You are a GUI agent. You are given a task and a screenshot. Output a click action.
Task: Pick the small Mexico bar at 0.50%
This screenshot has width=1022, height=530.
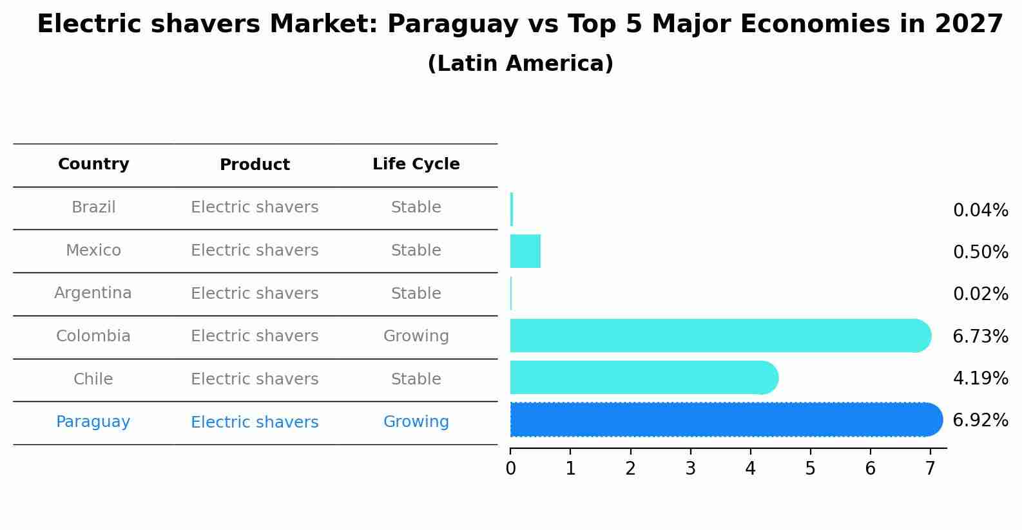point(525,251)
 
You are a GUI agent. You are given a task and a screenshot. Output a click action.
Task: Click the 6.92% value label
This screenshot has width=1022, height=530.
point(980,421)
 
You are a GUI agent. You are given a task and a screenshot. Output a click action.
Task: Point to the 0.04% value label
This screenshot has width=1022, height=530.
point(980,211)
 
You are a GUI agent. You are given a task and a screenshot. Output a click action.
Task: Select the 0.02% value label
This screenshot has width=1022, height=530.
point(980,294)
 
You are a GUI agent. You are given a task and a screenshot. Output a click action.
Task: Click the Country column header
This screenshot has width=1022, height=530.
point(93,164)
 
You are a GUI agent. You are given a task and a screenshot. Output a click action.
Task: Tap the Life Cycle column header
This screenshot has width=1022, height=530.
point(416,164)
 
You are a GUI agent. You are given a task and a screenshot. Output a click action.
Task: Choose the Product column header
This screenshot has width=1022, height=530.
point(255,165)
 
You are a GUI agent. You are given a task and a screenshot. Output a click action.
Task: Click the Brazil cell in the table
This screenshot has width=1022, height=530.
point(93,207)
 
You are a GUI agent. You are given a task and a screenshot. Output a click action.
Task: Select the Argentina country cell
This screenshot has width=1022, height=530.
point(93,293)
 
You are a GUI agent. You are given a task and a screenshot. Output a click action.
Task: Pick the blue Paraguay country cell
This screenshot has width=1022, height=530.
point(93,422)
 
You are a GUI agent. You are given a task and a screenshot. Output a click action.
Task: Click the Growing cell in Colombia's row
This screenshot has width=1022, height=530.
point(416,336)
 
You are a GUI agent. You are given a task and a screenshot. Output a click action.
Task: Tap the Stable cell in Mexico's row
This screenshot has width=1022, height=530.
point(416,251)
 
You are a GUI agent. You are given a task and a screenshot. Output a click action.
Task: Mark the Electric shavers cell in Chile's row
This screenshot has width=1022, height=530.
point(255,379)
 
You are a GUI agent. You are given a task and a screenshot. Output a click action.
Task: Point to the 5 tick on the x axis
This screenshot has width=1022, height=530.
point(810,468)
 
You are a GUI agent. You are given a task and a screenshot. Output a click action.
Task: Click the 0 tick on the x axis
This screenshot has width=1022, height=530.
point(510,468)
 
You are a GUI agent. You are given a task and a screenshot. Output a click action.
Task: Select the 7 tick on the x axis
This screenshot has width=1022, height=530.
point(930,468)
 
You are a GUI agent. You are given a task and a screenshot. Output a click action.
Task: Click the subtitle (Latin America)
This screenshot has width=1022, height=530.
point(520,64)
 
